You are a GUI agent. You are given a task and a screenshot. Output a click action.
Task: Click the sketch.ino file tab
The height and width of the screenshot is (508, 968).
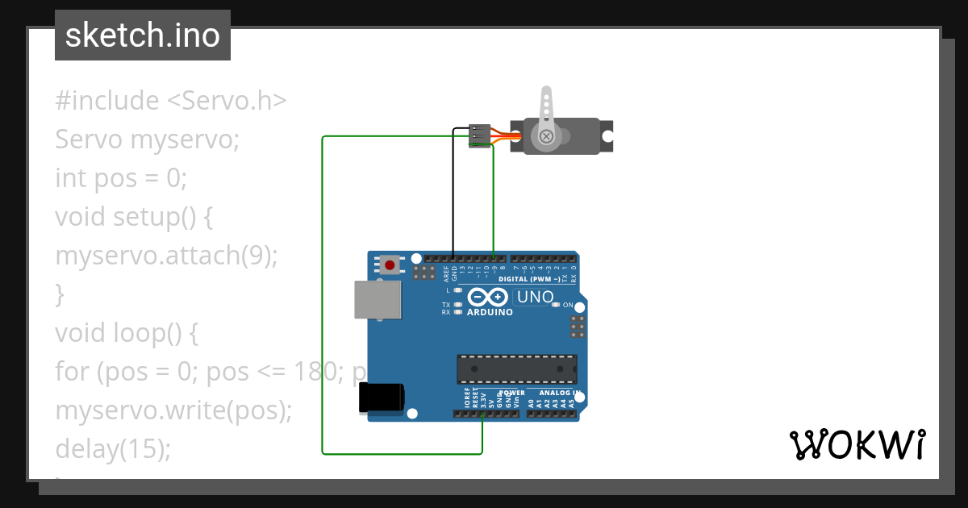coord(143,35)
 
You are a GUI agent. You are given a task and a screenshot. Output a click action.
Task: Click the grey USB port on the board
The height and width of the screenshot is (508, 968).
coord(378,300)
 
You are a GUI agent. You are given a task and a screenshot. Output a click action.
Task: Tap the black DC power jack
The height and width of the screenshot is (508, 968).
coord(382,398)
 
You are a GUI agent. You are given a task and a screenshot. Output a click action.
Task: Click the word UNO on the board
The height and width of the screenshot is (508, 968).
coord(535,297)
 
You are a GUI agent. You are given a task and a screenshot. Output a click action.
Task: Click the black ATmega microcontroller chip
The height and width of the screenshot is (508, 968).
coord(517,369)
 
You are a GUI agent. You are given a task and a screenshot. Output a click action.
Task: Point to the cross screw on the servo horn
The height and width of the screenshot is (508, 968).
coord(547,135)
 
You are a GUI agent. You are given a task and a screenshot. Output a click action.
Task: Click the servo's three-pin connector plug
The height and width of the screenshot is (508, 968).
coord(480,135)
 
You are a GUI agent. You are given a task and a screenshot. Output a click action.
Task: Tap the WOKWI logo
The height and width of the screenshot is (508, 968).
coord(857,444)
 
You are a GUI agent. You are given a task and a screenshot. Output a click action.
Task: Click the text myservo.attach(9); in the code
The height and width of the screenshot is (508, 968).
coord(166,256)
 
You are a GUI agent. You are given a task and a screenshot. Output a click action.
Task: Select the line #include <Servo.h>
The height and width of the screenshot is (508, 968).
coord(171,101)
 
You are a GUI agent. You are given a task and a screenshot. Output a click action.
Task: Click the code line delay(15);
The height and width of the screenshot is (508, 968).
coord(113,448)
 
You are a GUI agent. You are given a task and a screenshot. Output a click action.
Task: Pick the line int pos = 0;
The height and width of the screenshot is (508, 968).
coord(121,177)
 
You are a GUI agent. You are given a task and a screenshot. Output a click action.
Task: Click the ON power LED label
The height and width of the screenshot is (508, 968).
coord(567,305)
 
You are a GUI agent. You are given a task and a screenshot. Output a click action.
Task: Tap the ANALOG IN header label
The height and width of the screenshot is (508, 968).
coord(554,393)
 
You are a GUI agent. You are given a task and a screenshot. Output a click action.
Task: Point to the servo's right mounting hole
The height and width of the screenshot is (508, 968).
coord(606,136)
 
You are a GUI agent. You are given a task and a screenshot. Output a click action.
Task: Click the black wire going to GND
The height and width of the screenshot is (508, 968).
coord(453,194)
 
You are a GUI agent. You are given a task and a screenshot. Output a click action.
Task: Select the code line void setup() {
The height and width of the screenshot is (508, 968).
coord(133,217)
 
